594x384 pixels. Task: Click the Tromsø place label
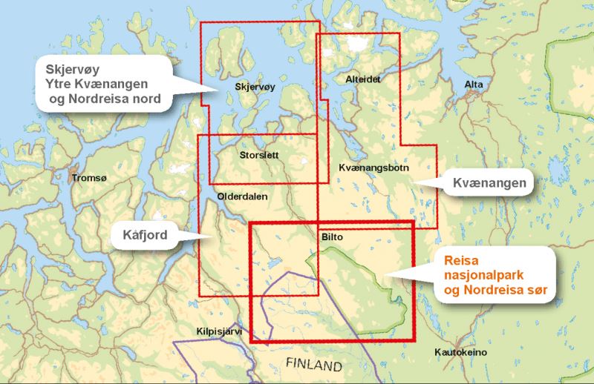88,179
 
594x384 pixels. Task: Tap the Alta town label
473,86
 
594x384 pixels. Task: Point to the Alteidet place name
362,79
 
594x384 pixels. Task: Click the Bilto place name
333,238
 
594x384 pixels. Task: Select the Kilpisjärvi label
220,331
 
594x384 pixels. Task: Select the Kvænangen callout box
491,182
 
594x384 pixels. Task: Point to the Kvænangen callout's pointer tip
413,182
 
